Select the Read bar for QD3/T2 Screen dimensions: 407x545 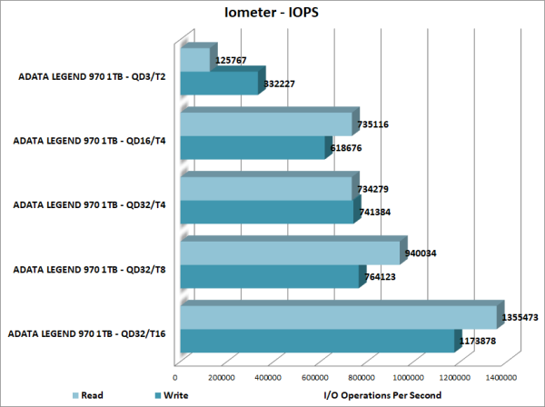pyautogui.click(x=196, y=60)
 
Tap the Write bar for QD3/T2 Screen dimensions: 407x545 pyautogui.click(x=220, y=84)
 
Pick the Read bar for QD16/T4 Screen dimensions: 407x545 pyautogui.click(x=266, y=124)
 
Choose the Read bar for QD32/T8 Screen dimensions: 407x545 pyautogui.click(x=290, y=253)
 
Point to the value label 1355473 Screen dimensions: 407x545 pyautogui.click(x=523, y=319)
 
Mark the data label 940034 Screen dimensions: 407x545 pyautogui.click(x=420, y=253)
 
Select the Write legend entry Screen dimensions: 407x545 pyautogui.click(x=174, y=395)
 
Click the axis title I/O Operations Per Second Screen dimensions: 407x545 pyautogui.click(x=382, y=395)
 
